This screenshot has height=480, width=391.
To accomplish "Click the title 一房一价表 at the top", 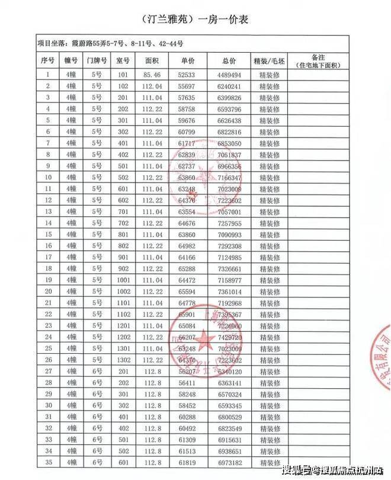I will [195, 19].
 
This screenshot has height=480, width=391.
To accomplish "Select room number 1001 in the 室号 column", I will [123, 280].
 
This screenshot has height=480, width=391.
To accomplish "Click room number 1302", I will [123, 359].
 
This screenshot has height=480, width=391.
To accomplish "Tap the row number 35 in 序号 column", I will [47, 462].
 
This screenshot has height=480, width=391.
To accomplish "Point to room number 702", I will [123, 223].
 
